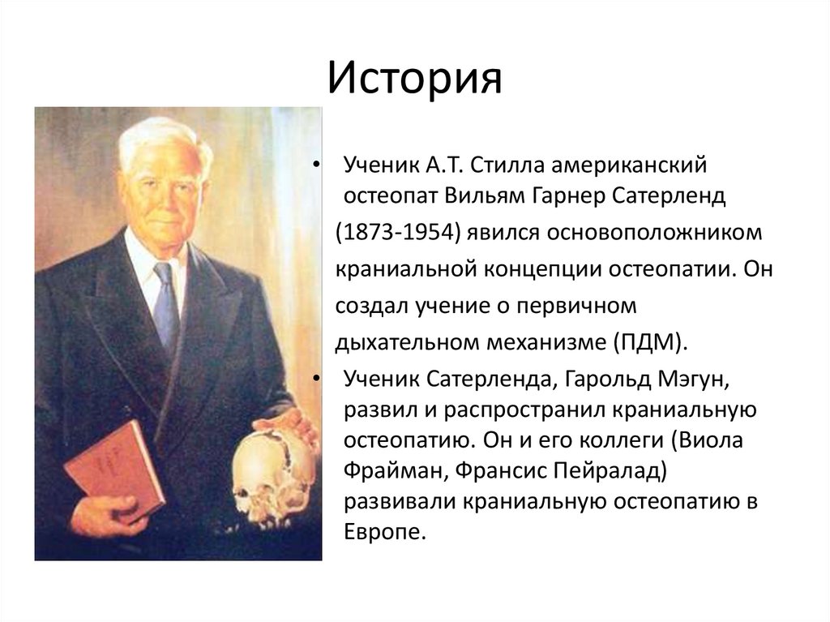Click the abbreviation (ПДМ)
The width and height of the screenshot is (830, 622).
tap(647, 341)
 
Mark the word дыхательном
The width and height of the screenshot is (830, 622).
tap(411, 341)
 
